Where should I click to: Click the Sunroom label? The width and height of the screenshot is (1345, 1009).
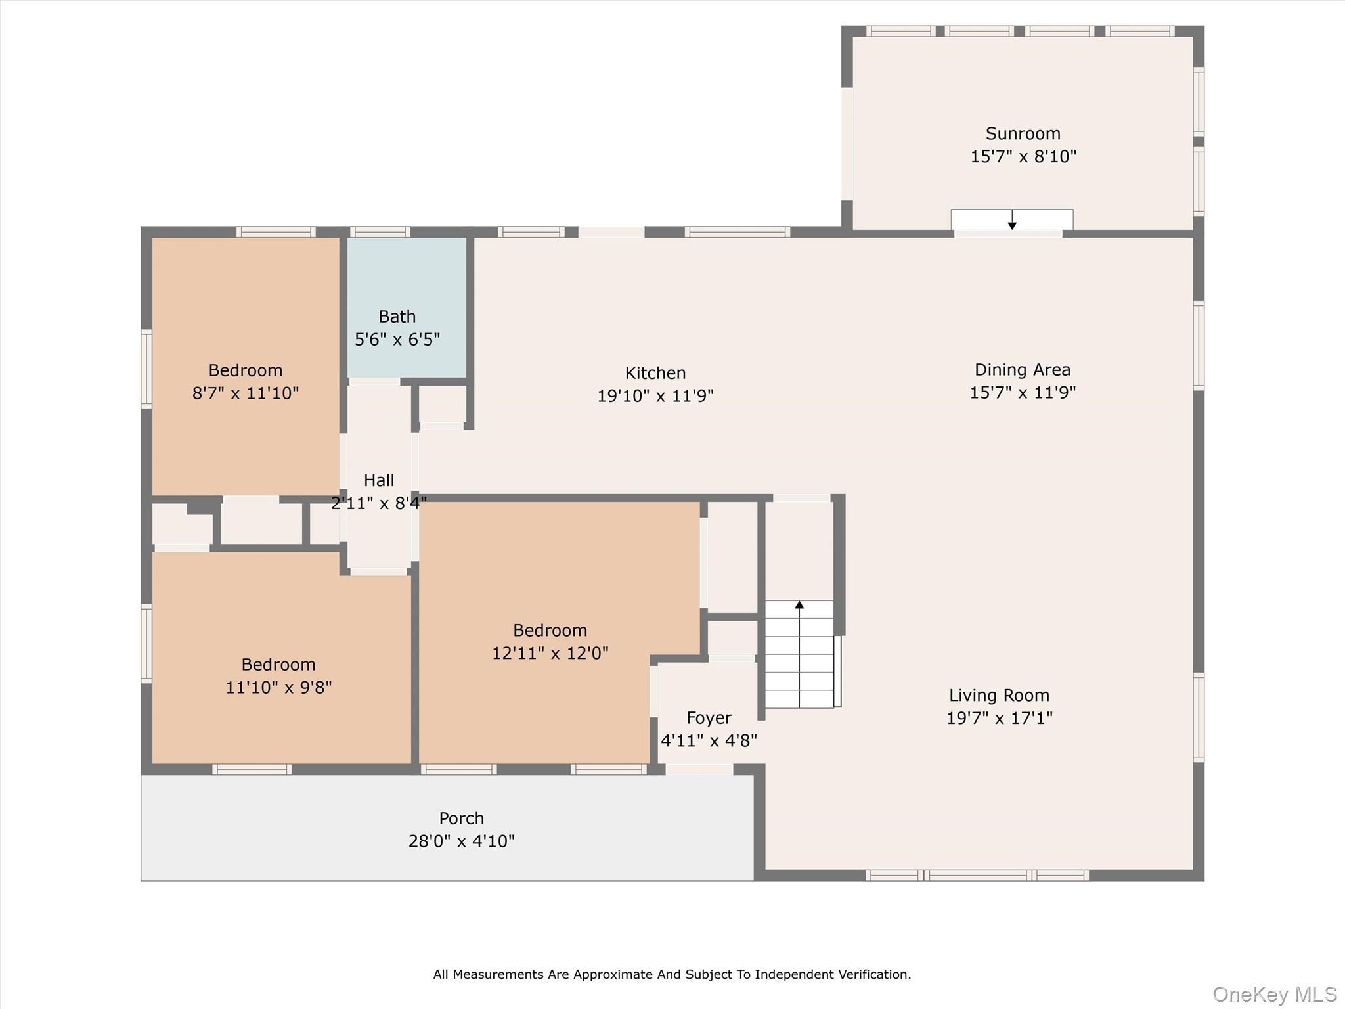[1023, 134]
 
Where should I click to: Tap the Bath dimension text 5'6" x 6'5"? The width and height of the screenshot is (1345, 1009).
[397, 340]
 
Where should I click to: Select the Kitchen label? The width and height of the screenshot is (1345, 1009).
[655, 373]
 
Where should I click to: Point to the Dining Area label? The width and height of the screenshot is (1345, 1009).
[1022, 370]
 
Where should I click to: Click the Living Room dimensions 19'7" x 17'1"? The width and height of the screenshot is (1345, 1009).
[999, 718]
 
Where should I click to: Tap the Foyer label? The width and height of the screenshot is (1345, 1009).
[709, 718]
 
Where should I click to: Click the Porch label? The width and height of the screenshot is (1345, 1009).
[461, 818]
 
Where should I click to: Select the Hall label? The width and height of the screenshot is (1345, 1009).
[379, 480]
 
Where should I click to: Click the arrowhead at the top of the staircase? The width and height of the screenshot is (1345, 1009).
[799, 604]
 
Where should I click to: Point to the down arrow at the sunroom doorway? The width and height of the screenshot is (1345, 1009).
[1012, 225]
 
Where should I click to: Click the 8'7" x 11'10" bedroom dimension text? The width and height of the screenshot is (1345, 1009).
[245, 393]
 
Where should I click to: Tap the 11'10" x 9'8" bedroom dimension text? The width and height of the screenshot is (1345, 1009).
[278, 688]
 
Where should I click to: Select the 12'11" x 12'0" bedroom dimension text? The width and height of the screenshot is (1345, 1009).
[550, 654]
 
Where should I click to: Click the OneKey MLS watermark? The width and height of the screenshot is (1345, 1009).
[1274, 995]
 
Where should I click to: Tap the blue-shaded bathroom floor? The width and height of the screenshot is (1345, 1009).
[407, 276]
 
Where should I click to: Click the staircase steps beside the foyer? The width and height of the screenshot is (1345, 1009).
[799, 663]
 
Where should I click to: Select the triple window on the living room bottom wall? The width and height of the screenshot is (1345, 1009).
[977, 875]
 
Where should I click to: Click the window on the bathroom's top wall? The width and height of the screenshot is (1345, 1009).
[380, 232]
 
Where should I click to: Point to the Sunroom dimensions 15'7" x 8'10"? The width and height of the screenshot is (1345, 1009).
[1023, 157]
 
